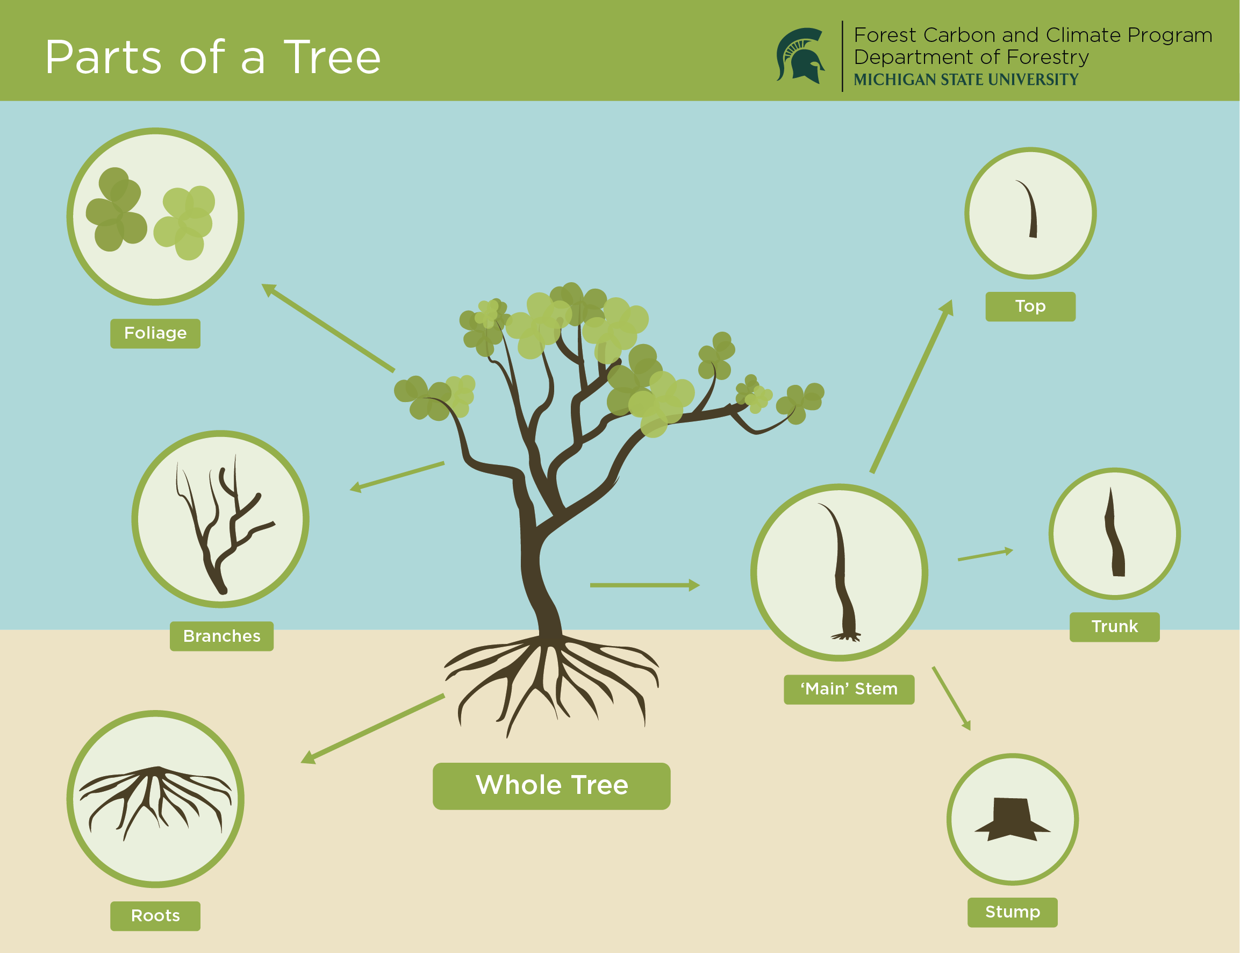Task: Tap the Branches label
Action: point(221,636)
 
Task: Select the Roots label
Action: point(155,915)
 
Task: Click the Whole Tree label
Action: point(551,785)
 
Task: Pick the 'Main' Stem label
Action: point(849,689)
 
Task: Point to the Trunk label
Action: point(1114,626)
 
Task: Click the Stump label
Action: point(1012,912)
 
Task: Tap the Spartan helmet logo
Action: point(800,55)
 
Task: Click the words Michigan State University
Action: point(965,80)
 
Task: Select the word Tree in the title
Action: point(332,58)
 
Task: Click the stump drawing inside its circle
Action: point(1012,819)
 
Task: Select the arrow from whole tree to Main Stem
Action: point(644,585)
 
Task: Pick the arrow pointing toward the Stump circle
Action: point(951,698)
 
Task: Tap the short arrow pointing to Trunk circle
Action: point(985,555)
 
